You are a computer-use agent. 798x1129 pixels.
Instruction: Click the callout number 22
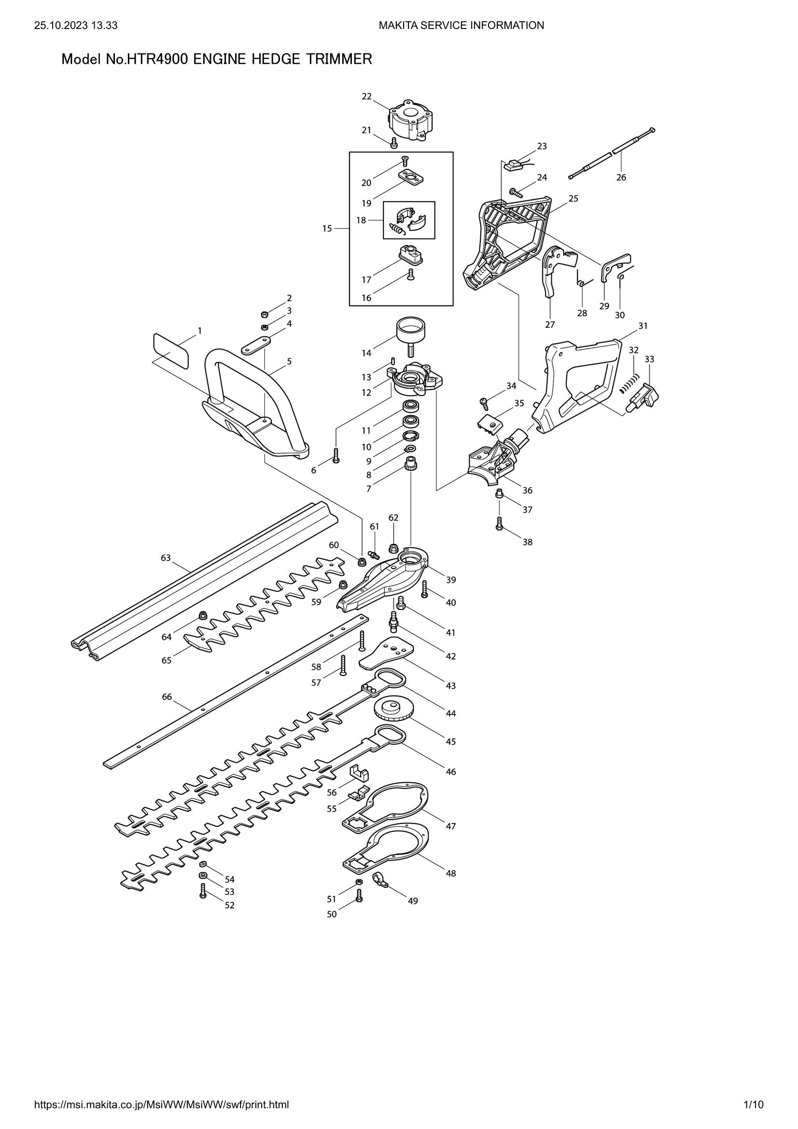pos(366,97)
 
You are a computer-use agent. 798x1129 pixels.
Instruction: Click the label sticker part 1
pos(170,350)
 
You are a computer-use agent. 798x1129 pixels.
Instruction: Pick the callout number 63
pos(166,558)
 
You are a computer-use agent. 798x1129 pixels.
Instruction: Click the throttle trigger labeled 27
pos(551,273)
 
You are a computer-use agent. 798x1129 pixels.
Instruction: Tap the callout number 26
pos(621,177)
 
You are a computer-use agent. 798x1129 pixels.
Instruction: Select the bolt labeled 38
pos(499,523)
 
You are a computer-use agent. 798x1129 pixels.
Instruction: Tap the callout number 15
pos(327,228)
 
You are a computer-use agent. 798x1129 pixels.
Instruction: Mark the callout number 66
pos(167,697)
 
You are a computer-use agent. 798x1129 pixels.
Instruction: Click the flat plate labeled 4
pos(256,345)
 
